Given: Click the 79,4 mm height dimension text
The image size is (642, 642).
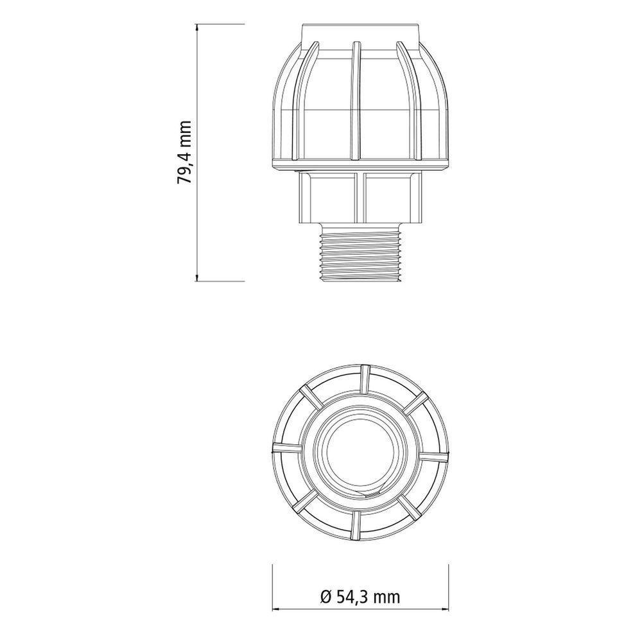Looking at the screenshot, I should [185, 152].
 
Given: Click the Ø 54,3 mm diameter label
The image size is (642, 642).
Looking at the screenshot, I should [359, 598].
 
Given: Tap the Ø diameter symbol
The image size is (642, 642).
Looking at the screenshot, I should [324, 598].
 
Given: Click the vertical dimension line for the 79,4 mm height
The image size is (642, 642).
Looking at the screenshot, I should [196, 152].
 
